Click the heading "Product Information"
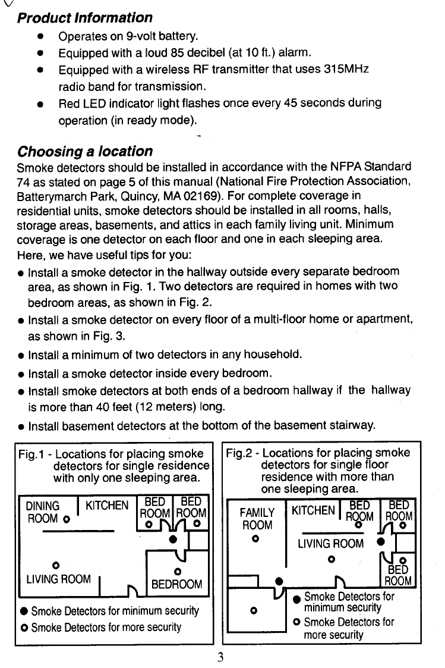[x=85, y=18]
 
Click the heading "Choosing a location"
[x=85, y=151]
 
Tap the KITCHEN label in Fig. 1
[x=107, y=506]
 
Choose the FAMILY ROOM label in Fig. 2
[x=257, y=519]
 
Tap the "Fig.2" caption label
[x=239, y=453]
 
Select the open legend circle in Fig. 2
[x=296, y=622]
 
